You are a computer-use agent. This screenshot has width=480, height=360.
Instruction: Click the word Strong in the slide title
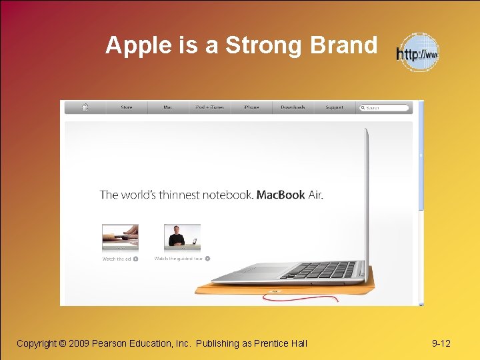[x=255, y=46]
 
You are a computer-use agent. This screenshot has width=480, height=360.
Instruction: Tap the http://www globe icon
[x=418, y=53]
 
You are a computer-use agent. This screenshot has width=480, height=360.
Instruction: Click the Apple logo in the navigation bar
[x=85, y=107]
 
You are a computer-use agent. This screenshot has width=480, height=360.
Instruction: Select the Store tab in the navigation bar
[x=127, y=107]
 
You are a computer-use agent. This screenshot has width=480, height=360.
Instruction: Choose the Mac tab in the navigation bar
[x=167, y=107]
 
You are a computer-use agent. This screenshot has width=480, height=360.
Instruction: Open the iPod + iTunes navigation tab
[x=209, y=107]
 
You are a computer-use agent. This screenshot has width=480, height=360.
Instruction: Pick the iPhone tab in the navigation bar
[x=251, y=107]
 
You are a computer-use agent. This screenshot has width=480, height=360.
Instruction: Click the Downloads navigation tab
[x=293, y=107]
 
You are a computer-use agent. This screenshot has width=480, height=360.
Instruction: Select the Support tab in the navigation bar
[x=335, y=107]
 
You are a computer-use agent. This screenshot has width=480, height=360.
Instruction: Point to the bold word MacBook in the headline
[x=281, y=195]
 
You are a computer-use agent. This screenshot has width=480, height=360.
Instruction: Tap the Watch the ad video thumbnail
[x=120, y=237]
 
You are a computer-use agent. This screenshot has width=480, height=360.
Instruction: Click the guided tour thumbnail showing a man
[x=182, y=237]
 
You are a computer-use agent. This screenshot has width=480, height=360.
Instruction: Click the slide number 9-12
[x=441, y=343]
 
